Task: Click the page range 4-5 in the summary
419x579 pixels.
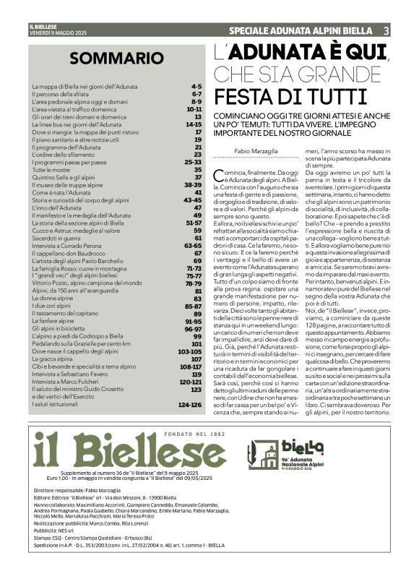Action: pos(196,86)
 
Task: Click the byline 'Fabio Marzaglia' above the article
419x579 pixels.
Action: pos(250,150)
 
